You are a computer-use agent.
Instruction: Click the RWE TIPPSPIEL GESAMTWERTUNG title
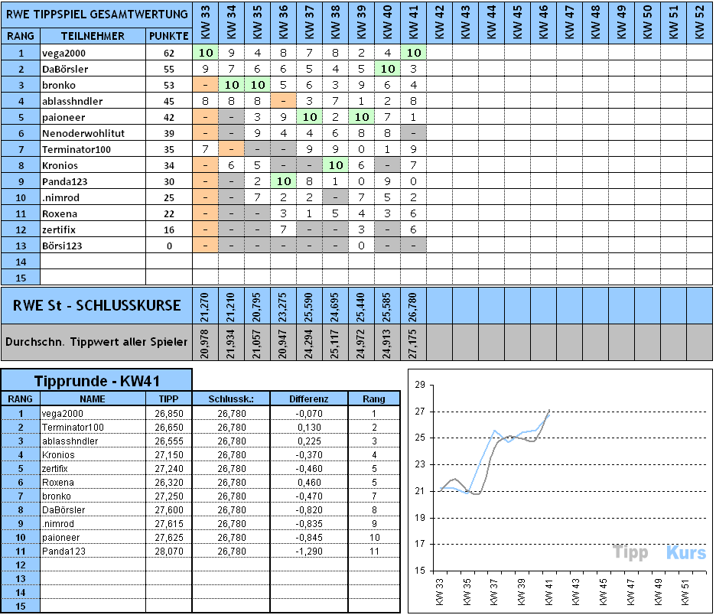click(x=96, y=14)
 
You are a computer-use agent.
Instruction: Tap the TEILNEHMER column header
click(x=93, y=36)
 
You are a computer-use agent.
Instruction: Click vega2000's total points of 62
click(x=169, y=54)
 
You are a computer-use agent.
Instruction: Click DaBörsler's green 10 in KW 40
click(x=387, y=69)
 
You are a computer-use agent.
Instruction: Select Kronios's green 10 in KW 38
click(x=335, y=165)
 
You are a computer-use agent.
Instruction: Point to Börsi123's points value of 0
click(x=169, y=246)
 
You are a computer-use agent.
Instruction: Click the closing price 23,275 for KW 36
click(x=284, y=306)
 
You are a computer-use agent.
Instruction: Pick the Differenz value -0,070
click(x=309, y=413)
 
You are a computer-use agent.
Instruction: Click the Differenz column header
click(x=309, y=399)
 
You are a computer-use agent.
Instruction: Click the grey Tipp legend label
click(x=631, y=552)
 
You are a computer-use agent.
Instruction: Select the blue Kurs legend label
click(x=685, y=552)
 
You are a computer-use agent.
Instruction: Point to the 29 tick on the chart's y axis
click(x=418, y=385)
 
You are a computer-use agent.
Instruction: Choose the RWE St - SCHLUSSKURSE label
click(x=96, y=306)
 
